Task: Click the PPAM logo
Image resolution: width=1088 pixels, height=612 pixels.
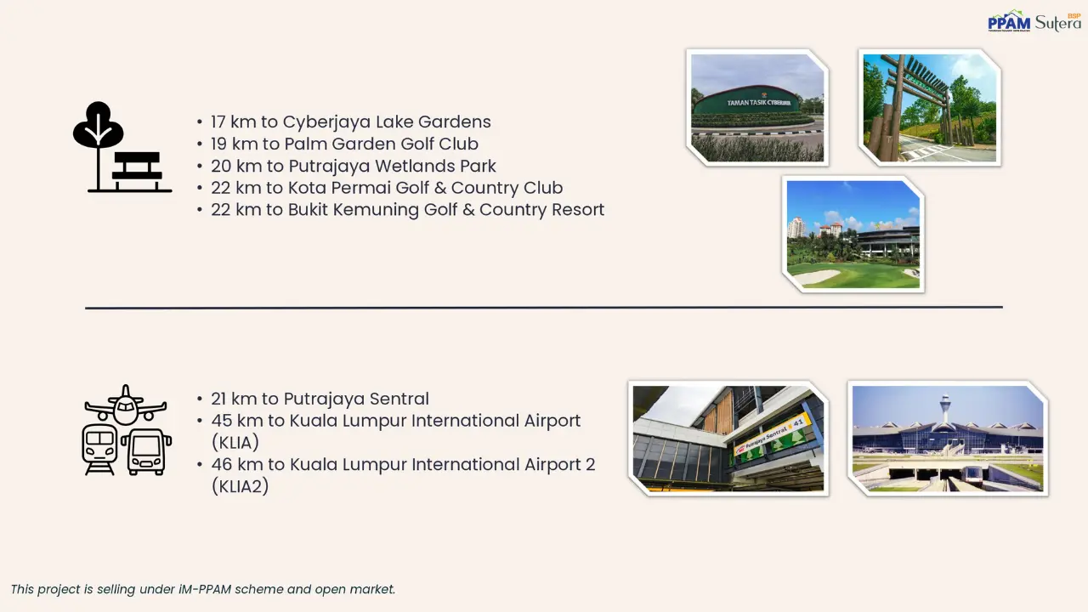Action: (1009, 22)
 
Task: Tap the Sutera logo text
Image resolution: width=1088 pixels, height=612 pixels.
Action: (1057, 23)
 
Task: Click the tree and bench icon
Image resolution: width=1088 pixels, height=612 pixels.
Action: (122, 148)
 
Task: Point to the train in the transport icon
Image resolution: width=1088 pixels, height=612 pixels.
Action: (100, 449)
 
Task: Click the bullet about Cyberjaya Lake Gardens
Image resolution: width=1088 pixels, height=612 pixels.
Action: (350, 122)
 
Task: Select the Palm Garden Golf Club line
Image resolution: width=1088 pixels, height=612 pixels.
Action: (344, 144)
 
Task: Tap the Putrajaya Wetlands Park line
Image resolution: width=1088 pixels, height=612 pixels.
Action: (354, 166)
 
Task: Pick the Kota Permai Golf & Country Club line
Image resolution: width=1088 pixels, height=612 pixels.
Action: (387, 188)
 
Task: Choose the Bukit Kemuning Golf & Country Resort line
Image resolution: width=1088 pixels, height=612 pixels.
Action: (407, 210)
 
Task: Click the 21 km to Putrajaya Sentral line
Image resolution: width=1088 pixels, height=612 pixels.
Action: (320, 399)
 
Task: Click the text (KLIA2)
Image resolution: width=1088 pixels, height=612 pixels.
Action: (240, 486)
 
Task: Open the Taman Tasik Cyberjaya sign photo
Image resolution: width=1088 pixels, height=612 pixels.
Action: (757, 107)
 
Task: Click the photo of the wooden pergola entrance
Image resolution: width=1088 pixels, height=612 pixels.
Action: (929, 107)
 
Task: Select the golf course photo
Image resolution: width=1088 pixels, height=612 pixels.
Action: (853, 234)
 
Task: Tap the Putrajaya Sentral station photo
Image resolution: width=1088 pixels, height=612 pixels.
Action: (728, 438)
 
